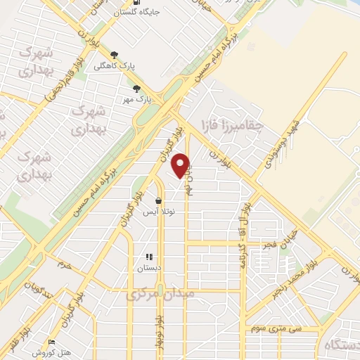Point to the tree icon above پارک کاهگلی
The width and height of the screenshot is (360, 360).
click(x=115, y=54)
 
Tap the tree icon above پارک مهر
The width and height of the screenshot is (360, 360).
click(x=138, y=89)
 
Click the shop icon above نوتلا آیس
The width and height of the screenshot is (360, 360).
click(x=158, y=200)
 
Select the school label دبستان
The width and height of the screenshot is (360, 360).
click(x=148, y=267)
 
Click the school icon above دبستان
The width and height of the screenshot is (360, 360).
click(x=148, y=257)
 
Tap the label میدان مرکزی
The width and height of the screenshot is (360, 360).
click(x=163, y=296)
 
